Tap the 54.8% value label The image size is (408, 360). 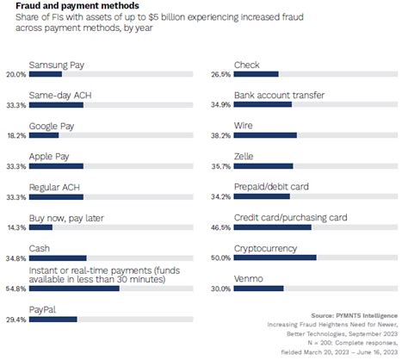pos(15,289)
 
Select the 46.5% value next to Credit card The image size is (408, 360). pos(220,227)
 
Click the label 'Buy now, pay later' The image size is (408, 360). pos(66,218)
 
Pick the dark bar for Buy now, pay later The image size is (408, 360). pos(40,227)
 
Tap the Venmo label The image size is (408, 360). pos(249,279)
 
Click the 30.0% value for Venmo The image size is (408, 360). pos(220,289)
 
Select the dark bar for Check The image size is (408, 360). pos(257,75)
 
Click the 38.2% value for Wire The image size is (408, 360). pos(220,135)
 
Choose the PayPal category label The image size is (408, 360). pos(43,310)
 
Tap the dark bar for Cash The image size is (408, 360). pos(58,258)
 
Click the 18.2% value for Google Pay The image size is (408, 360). pos(15,135)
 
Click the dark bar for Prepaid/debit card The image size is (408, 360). pos(262,196)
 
